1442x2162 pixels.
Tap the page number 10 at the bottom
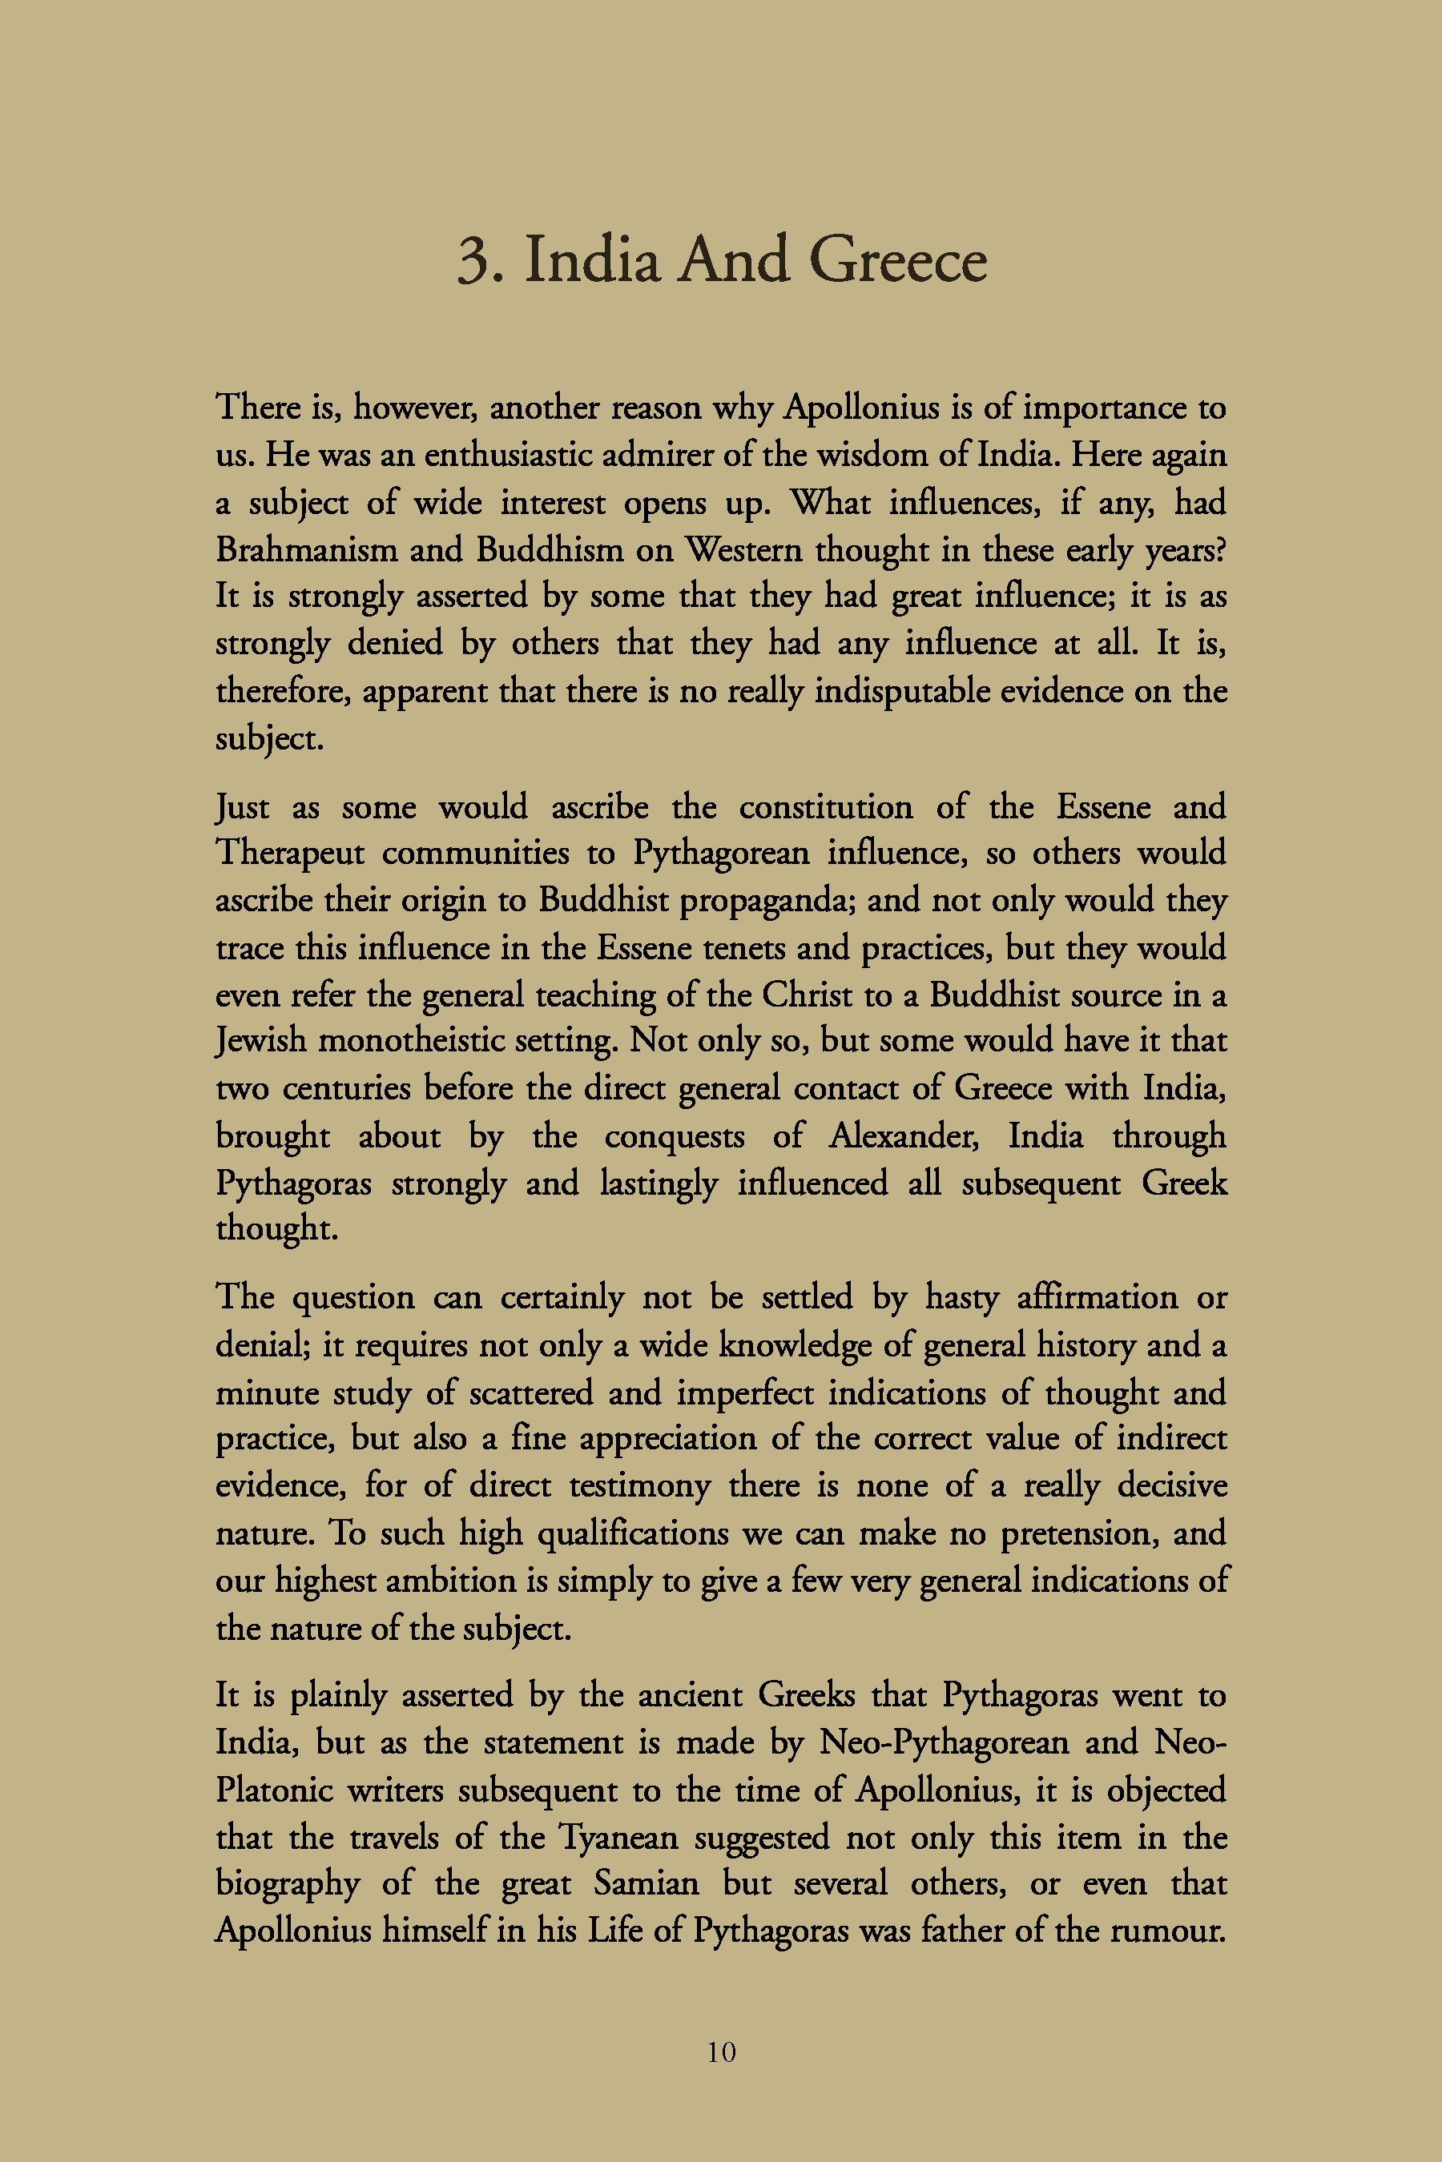(x=721, y=2051)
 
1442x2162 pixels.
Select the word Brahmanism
(x=306, y=549)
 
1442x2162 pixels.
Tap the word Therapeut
(x=291, y=854)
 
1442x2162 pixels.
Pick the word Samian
(x=646, y=1883)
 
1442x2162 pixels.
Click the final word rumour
(x=1167, y=1930)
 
